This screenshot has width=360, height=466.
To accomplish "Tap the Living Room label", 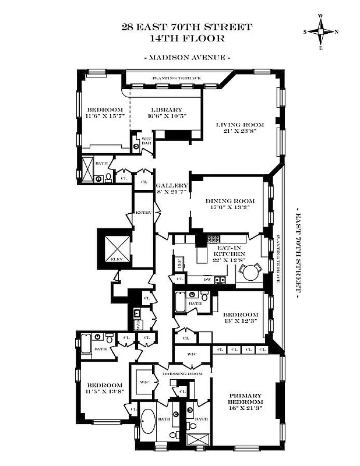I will point(240,125).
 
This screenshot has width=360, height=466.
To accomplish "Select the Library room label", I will point(166,110).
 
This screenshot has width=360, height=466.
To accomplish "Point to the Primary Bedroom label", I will point(245,399).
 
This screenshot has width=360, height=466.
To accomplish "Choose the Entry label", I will point(143,213).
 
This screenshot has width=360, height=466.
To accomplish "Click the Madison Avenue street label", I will point(186,58).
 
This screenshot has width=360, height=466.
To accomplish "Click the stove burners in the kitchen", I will point(213,238).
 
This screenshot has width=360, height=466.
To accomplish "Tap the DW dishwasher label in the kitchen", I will point(207,279).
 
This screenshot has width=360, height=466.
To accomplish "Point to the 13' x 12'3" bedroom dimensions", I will point(237,314).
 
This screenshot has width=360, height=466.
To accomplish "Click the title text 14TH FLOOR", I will point(187,38).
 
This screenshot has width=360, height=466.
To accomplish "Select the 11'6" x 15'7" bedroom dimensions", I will point(105,117).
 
